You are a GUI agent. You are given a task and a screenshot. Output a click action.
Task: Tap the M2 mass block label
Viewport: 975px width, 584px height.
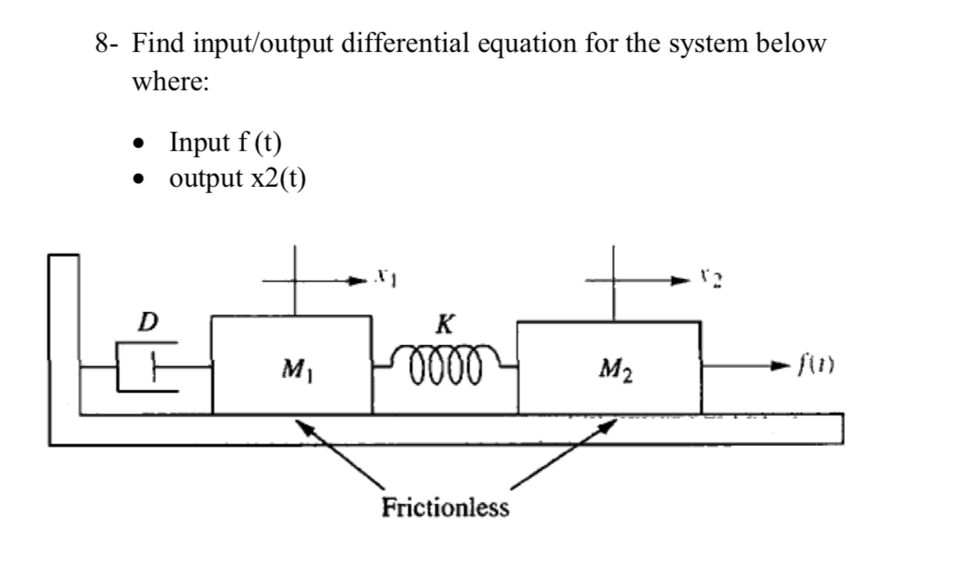pyautogui.click(x=615, y=372)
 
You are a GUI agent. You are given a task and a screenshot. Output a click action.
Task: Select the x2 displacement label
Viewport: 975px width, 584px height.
pyautogui.click(x=704, y=277)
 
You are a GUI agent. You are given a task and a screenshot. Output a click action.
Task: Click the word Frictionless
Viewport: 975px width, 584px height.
pyautogui.click(x=445, y=507)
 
